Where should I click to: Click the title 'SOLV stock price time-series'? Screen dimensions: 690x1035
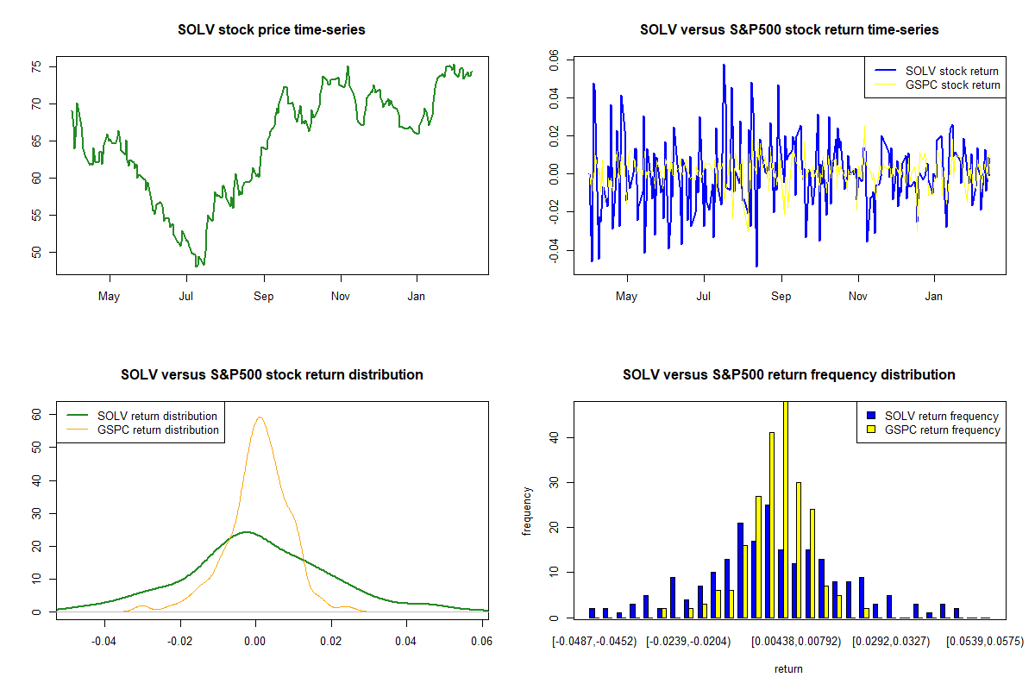tap(271, 30)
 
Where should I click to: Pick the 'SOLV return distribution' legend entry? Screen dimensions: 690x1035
tap(157, 417)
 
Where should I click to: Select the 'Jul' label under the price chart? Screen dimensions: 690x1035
tap(186, 298)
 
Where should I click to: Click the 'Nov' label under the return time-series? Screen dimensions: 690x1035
tap(858, 298)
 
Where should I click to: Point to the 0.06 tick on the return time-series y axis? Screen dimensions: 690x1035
tap(555, 60)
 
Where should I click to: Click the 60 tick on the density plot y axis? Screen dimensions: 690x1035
tap(37, 414)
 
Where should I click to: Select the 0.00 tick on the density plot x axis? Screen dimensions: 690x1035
tap(255, 642)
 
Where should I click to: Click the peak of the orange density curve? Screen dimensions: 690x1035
tap(259, 418)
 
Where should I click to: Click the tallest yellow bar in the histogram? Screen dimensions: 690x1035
tap(786, 509)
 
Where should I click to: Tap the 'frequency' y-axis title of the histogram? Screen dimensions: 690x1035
tap(527, 512)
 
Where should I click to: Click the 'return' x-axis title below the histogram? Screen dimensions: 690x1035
tap(788, 668)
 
